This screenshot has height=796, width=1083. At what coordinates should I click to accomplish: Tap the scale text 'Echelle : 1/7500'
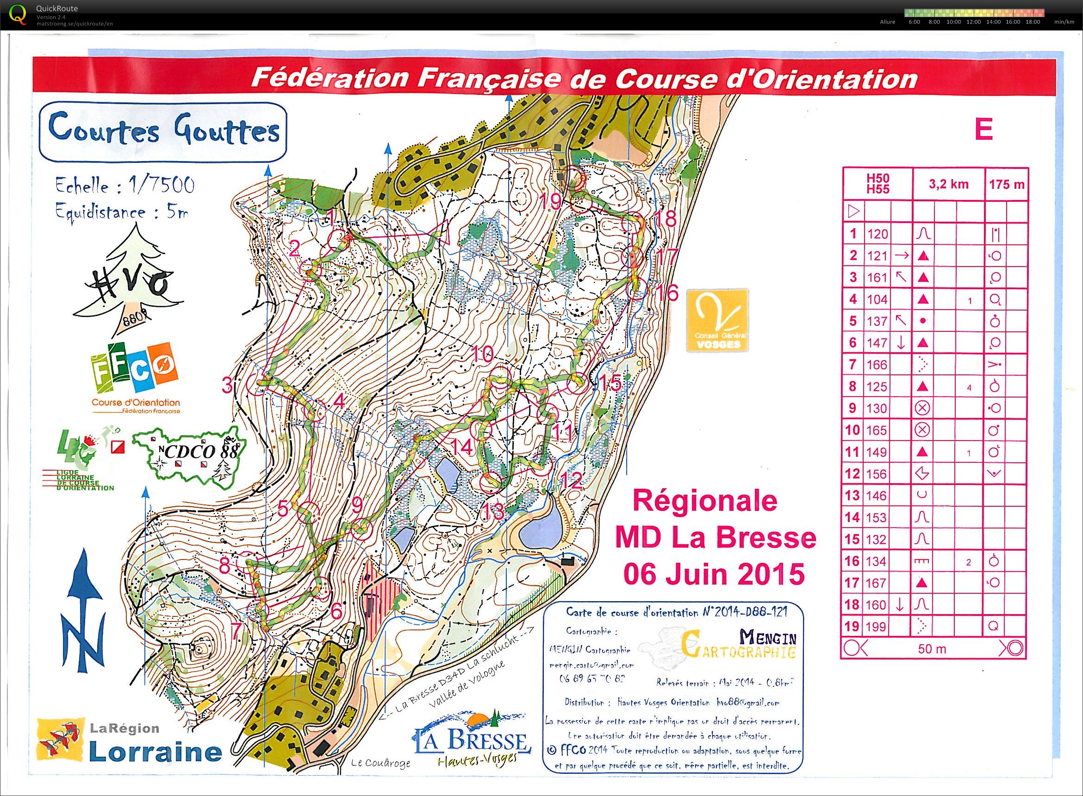tap(125, 186)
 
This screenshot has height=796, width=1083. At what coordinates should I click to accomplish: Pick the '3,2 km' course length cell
tap(949, 184)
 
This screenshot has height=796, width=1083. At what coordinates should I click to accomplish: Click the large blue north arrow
tap(84, 612)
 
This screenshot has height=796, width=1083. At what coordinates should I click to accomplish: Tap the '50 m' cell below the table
tap(932, 649)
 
